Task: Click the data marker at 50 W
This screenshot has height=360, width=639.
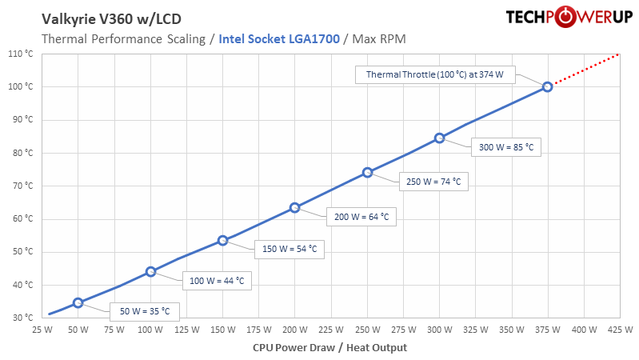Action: (78, 302)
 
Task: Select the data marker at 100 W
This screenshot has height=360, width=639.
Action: (150, 271)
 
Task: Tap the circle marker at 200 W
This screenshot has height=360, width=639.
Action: (295, 207)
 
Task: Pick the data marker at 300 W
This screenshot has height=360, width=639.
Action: (439, 138)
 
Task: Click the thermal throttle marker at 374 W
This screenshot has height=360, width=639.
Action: (547, 86)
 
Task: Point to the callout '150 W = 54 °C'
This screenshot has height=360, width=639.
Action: (290, 249)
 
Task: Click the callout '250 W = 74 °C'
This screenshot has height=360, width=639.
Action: (433, 182)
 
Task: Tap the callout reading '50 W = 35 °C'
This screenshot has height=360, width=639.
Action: (145, 310)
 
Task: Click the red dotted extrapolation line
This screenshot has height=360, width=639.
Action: (584, 70)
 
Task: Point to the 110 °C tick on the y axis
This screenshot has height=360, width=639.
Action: (19, 54)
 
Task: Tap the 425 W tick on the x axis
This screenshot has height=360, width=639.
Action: (620, 329)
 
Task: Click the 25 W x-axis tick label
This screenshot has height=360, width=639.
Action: (42, 329)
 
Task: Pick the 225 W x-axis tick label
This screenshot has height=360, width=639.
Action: (331, 329)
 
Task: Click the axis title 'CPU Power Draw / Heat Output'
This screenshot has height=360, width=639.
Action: (329, 347)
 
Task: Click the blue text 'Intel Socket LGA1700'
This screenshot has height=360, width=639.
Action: (280, 38)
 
